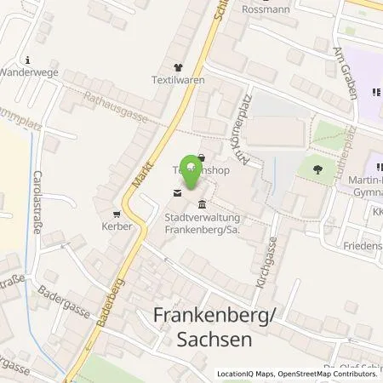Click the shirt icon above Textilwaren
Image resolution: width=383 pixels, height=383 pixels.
tap(177, 67)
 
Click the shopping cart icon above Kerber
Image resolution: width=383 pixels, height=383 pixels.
tap(117, 213)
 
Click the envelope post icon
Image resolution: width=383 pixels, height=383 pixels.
tap(176, 194)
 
